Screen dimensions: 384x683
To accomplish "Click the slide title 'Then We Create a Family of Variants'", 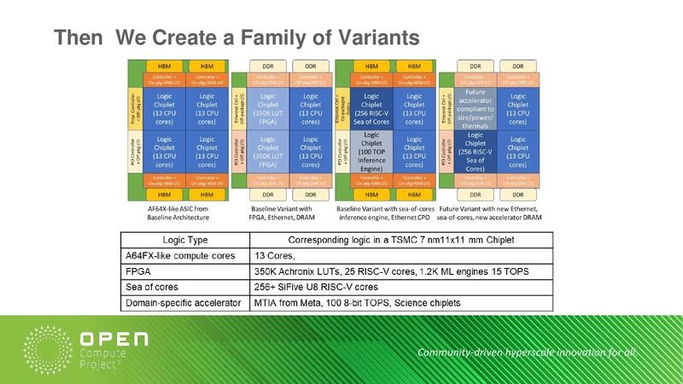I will click(236, 38).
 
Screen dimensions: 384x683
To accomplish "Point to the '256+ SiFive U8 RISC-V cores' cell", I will click(317, 286).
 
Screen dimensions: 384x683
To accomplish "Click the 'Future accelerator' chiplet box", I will click(476, 108).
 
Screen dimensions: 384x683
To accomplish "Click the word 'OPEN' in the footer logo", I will click(113, 340).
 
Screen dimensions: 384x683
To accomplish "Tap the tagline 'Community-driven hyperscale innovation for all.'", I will click(528, 353).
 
